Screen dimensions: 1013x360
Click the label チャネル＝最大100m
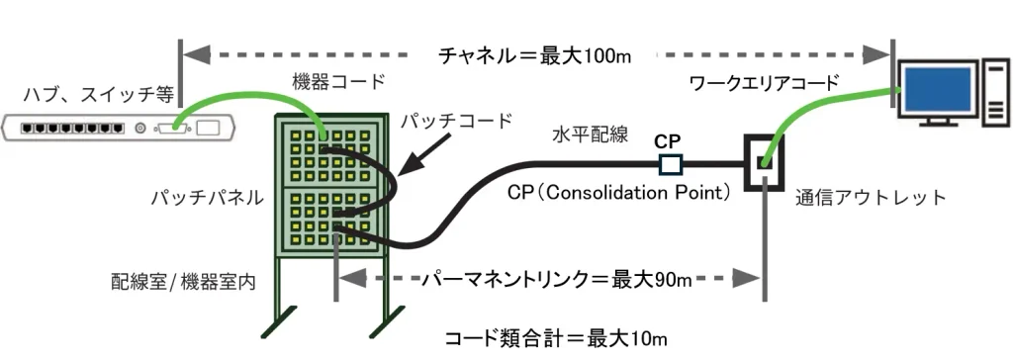(x=534, y=55)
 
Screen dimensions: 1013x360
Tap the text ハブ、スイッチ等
(x=99, y=95)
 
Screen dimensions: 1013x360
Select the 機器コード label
(x=338, y=81)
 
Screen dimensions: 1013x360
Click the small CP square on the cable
(x=670, y=164)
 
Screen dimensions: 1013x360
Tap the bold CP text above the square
(x=668, y=141)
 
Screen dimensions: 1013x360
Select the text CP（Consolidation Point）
(x=619, y=193)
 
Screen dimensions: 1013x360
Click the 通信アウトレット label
(x=872, y=197)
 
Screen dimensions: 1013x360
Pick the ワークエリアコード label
(x=765, y=82)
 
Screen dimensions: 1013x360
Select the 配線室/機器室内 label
(x=183, y=283)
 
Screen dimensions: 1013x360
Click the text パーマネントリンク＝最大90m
(x=557, y=280)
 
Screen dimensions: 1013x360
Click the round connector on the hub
(x=139, y=128)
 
